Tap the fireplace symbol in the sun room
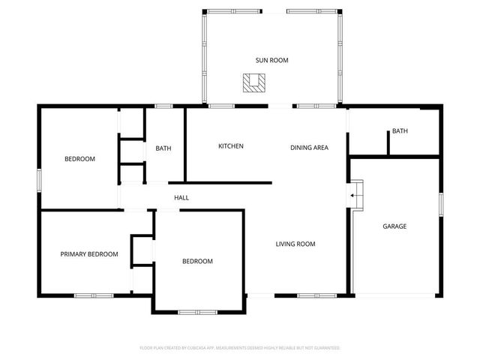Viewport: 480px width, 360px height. click(x=253, y=82)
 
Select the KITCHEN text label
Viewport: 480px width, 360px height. click(x=230, y=146)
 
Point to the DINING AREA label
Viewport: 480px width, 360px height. click(x=309, y=147)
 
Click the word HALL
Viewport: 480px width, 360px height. click(x=181, y=198)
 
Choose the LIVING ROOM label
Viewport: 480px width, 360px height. click(x=295, y=244)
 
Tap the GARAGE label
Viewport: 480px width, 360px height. click(x=394, y=226)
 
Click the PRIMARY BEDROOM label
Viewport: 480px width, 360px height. click(x=89, y=254)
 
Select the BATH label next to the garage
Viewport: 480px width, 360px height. click(x=400, y=131)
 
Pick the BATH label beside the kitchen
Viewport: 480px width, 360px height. click(x=163, y=148)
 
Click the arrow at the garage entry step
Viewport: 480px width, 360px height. click(x=352, y=197)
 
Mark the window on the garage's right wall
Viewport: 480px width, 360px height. click(x=441, y=204)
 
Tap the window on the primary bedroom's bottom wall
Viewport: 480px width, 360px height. click(x=94, y=295)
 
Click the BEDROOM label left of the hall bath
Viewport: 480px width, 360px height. click(x=79, y=159)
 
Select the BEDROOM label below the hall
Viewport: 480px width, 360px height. click(x=197, y=262)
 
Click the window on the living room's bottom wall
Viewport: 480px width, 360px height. click(x=314, y=294)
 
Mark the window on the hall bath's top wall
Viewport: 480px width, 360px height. click(x=164, y=106)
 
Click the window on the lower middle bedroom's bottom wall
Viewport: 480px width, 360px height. click(x=197, y=311)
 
